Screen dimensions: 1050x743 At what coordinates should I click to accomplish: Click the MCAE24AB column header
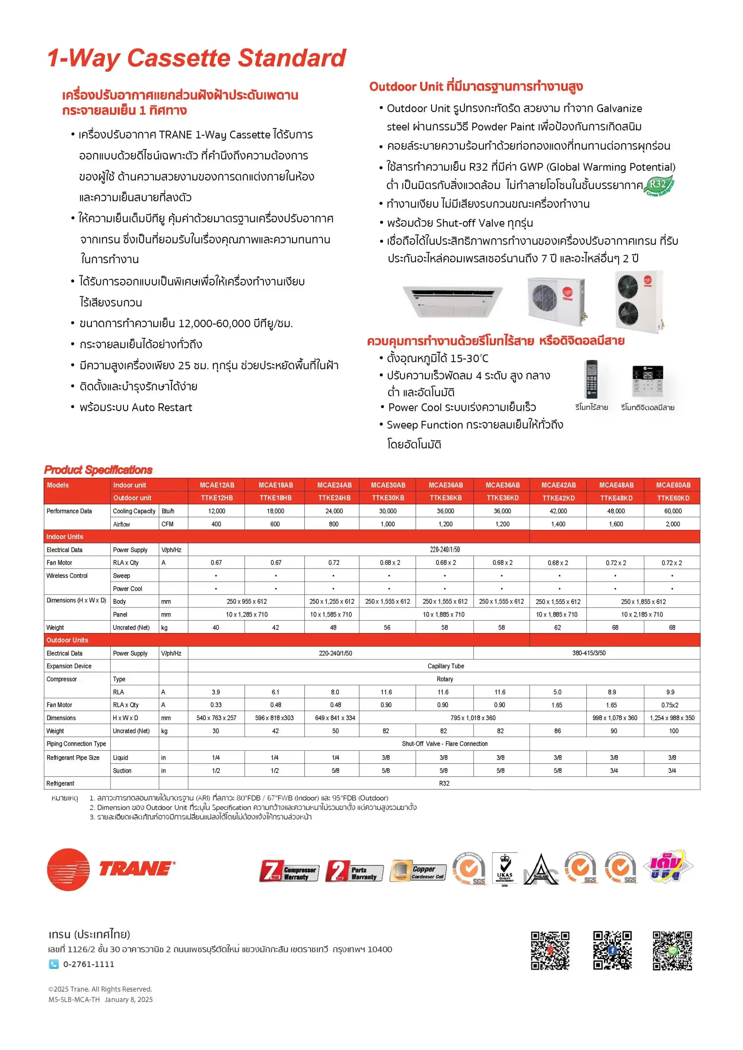(x=334, y=485)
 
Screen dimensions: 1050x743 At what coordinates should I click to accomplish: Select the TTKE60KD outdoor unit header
(x=672, y=498)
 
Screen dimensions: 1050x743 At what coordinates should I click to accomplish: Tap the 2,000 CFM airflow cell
(x=672, y=524)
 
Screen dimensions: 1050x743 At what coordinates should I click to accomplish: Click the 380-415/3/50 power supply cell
(x=588, y=653)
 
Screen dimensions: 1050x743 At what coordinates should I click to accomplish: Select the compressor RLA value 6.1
(x=275, y=692)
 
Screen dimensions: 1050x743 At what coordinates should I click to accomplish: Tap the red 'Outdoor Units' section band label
(x=67, y=640)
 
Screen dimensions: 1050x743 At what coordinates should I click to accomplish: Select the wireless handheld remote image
(x=591, y=379)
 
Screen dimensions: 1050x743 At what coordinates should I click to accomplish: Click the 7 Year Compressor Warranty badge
(x=289, y=871)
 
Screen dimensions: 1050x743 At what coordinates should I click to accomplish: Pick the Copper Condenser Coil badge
(x=418, y=871)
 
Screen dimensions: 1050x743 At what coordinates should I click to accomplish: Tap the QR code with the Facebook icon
(x=612, y=950)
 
